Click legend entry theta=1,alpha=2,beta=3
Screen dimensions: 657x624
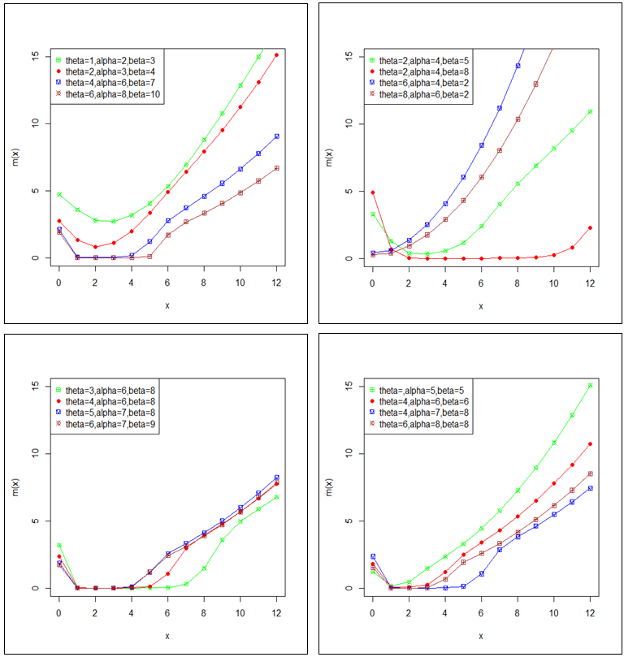[102, 60]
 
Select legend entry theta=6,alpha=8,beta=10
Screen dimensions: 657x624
[105, 94]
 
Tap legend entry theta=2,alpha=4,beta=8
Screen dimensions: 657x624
[417, 71]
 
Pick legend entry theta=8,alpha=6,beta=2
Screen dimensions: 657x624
[417, 94]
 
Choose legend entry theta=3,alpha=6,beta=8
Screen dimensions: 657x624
[102, 390]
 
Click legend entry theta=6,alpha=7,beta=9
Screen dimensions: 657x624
[102, 424]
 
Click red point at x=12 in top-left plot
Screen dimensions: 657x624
[276, 55]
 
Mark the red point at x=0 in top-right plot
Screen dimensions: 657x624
[372, 192]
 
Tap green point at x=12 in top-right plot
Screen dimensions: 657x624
[590, 111]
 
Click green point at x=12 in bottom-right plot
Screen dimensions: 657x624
[590, 386]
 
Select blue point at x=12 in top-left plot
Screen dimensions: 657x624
[276, 136]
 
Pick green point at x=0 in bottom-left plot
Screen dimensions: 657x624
[58, 546]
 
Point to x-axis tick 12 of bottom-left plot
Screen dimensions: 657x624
[276, 613]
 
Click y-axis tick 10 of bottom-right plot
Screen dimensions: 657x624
[349, 453]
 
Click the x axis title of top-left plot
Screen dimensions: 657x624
[167, 305]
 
